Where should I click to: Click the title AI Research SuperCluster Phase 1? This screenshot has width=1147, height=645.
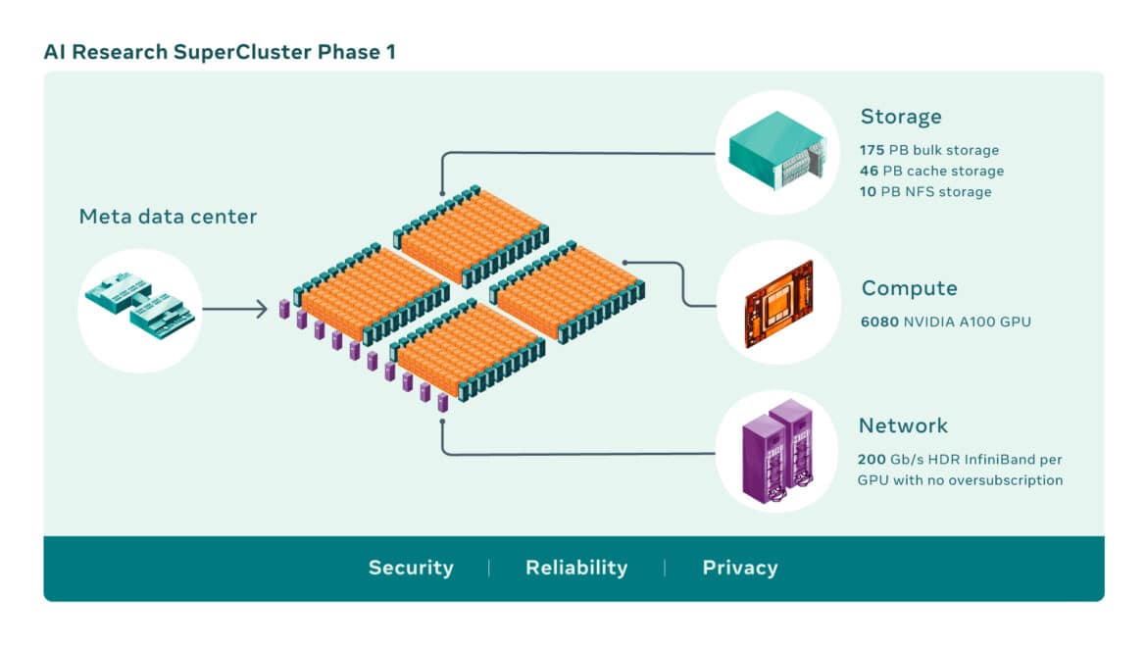pyautogui.click(x=219, y=52)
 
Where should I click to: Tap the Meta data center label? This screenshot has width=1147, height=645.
pyautogui.click(x=168, y=217)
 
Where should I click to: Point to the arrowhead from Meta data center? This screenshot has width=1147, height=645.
pyautogui.click(x=261, y=310)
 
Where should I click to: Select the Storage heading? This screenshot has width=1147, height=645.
pyautogui.click(x=900, y=117)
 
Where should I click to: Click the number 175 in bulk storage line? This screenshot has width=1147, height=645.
pyautogui.click(x=871, y=150)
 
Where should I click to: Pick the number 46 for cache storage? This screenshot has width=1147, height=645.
pyautogui.click(x=869, y=171)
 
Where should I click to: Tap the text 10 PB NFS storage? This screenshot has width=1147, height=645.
pyautogui.click(x=925, y=191)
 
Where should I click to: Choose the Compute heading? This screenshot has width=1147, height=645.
pyautogui.click(x=909, y=288)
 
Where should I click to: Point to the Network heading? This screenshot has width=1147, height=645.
pyautogui.click(x=903, y=425)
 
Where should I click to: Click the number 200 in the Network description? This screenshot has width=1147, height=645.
pyautogui.click(x=872, y=459)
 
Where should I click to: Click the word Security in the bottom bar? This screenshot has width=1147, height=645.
pyautogui.click(x=411, y=568)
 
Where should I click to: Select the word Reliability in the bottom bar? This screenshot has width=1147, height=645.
pyautogui.click(x=576, y=568)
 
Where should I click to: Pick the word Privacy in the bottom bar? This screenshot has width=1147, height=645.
pyautogui.click(x=740, y=568)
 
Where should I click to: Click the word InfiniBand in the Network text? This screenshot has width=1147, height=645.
pyautogui.click(x=999, y=459)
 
